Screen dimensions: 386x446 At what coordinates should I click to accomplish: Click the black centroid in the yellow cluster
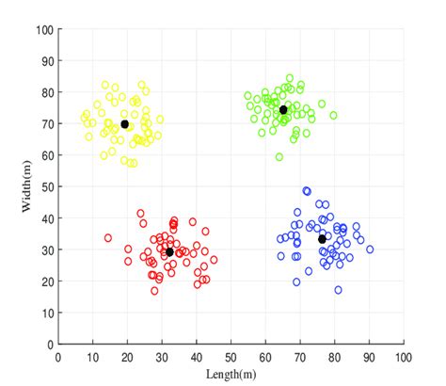pyautogui.click(x=125, y=124)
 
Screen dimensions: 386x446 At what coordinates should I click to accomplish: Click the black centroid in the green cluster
pyautogui.click(x=283, y=110)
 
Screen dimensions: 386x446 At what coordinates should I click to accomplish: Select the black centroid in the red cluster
pyautogui.click(x=169, y=252)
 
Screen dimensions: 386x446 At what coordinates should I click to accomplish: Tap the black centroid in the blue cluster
pyautogui.click(x=322, y=239)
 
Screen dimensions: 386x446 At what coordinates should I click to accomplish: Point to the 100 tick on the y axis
pyautogui.click(x=43, y=29)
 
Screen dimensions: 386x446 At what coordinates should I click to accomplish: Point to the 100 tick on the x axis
pyautogui.click(x=404, y=358)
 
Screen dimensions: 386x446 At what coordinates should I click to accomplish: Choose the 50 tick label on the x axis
pyautogui.click(x=231, y=358)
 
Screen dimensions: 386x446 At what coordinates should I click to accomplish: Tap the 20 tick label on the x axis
pyautogui.click(x=128, y=358)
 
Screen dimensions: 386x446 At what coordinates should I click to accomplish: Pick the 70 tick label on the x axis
pyautogui.click(x=300, y=358)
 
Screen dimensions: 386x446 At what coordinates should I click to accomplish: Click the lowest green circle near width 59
pyautogui.click(x=279, y=157)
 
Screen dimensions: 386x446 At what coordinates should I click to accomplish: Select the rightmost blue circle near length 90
pyautogui.click(x=370, y=249)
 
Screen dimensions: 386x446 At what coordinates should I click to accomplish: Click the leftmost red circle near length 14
pyautogui.click(x=108, y=238)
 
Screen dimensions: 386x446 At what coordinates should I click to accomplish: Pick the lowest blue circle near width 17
pyautogui.click(x=339, y=290)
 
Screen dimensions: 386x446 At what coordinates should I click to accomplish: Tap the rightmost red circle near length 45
pyautogui.click(x=214, y=260)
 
